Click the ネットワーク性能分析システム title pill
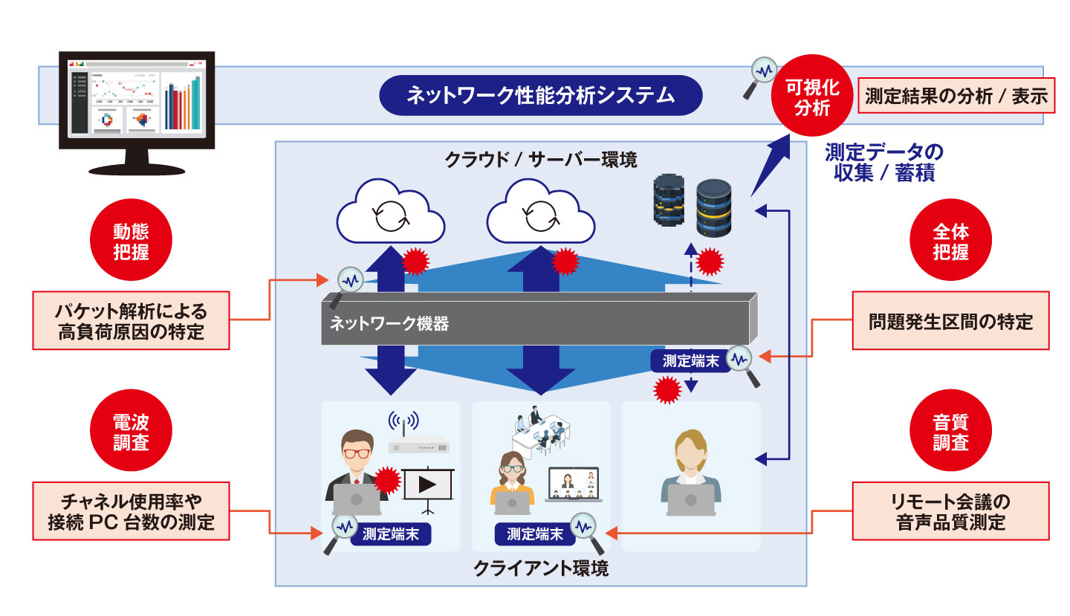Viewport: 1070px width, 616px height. click(x=540, y=95)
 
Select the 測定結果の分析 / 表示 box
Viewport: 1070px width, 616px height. click(x=956, y=96)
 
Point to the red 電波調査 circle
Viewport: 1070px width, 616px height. click(x=131, y=432)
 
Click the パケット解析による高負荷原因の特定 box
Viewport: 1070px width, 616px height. click(x=131, y=320)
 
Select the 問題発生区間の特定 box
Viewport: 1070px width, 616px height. click(x=950, y=322)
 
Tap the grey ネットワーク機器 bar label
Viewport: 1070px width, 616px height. click(x=389, y=324)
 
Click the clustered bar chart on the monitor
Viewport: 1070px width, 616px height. click(x=183, y=104)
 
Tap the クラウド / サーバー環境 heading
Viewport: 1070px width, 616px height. click(x=540, y=159)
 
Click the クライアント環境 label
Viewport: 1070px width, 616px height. click(x=540, y=569)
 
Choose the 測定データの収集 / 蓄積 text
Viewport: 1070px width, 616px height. click(x=883, y=162)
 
